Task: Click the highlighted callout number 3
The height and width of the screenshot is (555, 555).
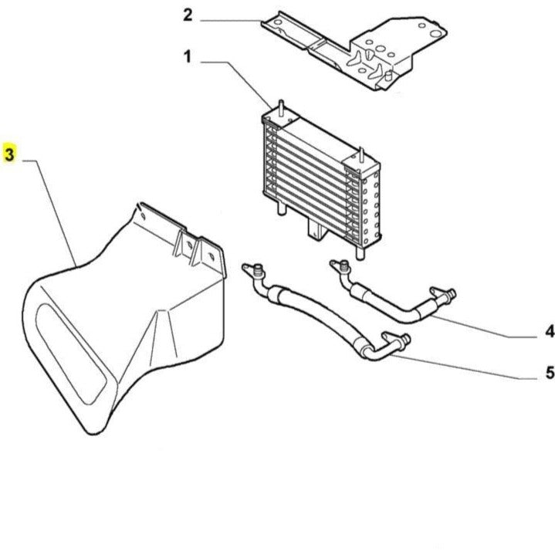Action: pyautogui.click(x=9, y=154)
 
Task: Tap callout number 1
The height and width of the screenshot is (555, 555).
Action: pyautogui.click(x=188, y=56)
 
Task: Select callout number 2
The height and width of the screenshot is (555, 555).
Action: pyautogui.click(x=188, y=15)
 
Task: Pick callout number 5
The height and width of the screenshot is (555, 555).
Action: pyautogui.click(x=550, y=373)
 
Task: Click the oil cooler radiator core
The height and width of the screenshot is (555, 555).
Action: pyautogui.click(x=321, y=181)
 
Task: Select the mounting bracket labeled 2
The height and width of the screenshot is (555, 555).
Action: pyautogui.click(x=354, y=50)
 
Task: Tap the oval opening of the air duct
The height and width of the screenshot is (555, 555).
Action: pyautogui.click(x=71, y=354)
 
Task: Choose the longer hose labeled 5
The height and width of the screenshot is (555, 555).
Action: pyautogui.click(x=326, y=312)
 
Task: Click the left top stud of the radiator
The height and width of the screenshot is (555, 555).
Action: pyautogui.click(x=282, y=107)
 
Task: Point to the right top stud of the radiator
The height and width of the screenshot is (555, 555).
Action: pyautogui.click(x=361, y=156)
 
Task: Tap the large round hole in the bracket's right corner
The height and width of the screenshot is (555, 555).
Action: pyautogui.click(x=435, y=34)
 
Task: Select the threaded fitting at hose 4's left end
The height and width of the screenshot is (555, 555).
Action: pyautogui.click(x=343, y=266)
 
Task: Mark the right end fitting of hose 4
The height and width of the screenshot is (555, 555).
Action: pyautogui.click(x=444, y=296)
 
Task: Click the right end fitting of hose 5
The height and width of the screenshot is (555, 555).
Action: pyautogui.click(x=397, y=340)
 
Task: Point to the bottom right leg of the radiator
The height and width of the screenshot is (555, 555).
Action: pyautogui.click(x=360, y=253)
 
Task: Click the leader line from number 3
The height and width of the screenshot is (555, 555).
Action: pyautogui.click(x=49, y=213)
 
